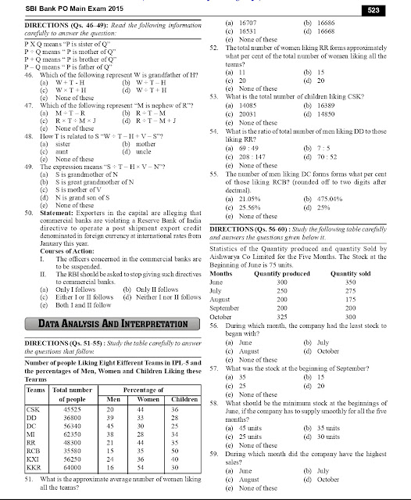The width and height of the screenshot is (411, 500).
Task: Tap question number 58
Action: [216, 401]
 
